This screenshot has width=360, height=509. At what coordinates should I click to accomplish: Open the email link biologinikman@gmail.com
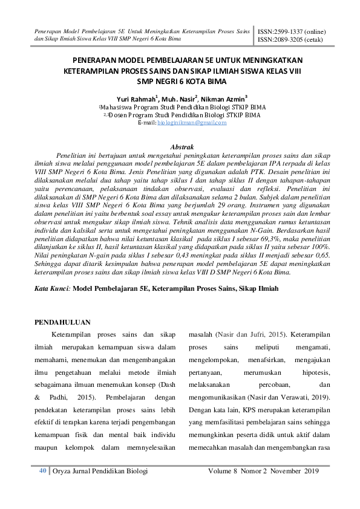(192, 123)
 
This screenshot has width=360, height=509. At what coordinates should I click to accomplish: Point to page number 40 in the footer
(43, 471)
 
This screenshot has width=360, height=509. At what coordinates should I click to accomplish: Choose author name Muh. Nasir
(182, 98)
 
